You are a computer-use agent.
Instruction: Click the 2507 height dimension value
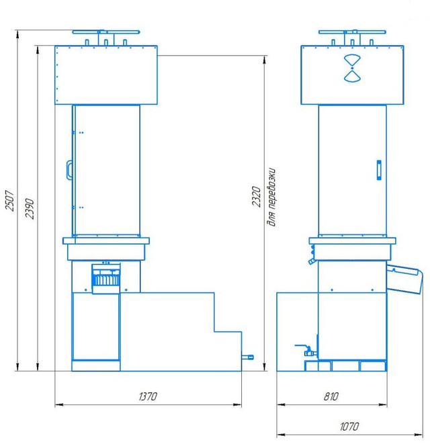click(x=10, y=201)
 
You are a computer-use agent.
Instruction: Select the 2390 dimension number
click(x=30, y=208)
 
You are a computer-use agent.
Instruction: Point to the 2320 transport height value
click(x=256, y=197)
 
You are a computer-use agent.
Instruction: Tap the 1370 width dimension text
click(x=148, y=396)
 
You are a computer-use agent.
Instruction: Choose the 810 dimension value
click(x=331, y=396)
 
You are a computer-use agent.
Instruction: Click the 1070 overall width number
click(x=349, y=427)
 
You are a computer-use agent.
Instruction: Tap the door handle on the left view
click(x=69, y=170)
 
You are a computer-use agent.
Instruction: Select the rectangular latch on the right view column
click(x=379, y=170)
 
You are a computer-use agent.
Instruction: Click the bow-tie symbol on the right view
click(x=352, y=69)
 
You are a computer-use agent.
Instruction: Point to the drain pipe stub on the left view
click(x=247, y=357)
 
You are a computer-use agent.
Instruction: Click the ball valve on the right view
click(x=307, y=351)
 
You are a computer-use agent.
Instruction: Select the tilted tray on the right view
click(x=404, y=279)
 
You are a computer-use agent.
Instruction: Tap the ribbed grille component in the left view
click(x=106, y=279)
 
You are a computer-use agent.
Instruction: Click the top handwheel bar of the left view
click(x=106, y=32)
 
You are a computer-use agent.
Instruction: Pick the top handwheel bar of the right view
click(x=352, y=32)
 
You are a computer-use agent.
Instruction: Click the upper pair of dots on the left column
click(x=81, y=132)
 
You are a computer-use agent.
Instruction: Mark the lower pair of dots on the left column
click(x=81, y=208)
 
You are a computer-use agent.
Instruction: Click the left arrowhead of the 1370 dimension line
click(x=58, y=404)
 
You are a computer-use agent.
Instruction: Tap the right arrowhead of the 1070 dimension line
click(x=419, y=435)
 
